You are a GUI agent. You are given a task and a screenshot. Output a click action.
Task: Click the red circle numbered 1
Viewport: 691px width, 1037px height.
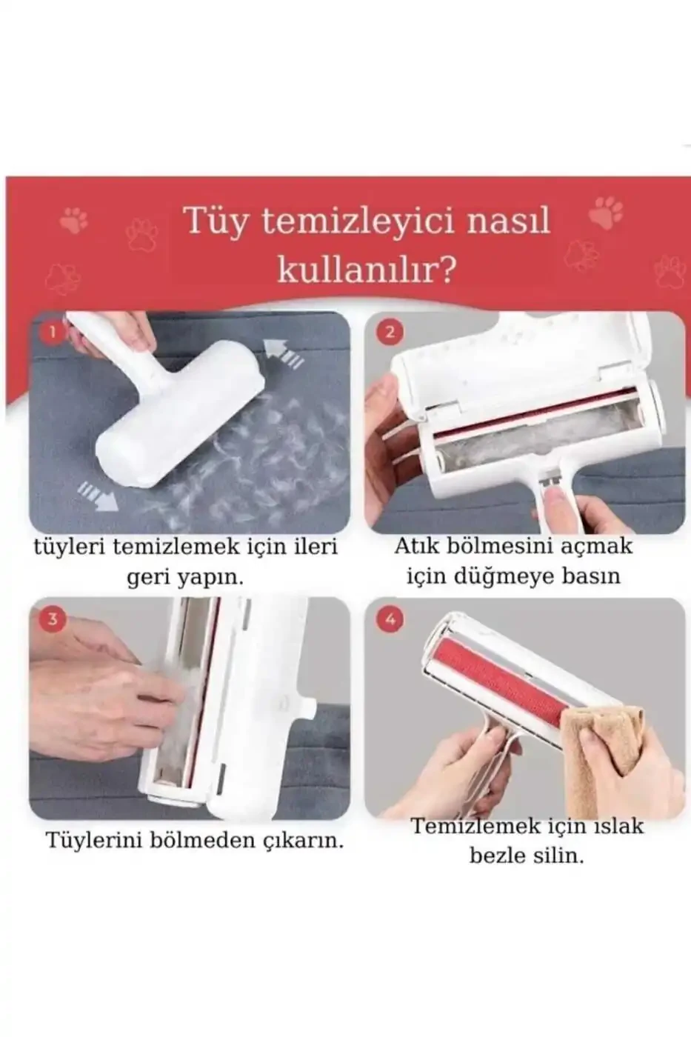coord(53,333)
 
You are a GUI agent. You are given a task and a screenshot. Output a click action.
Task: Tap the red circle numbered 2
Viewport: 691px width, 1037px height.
coord(390,333)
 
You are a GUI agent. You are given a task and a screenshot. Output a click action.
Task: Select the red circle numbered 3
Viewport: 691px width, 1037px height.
coord(53,618)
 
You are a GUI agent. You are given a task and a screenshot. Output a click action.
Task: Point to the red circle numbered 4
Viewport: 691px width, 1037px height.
coord(390,618)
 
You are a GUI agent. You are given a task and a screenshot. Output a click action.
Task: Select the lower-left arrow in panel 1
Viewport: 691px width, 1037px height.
coord(98,495)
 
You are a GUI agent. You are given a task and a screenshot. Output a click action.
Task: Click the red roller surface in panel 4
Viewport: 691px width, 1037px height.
coord(504,674)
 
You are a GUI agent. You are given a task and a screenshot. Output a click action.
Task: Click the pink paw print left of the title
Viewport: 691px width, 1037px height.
coord(73,219)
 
